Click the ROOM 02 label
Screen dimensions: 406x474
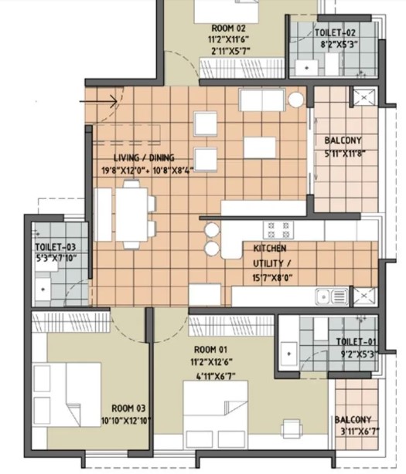point(228,29)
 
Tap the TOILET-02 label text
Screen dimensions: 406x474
point(335,32)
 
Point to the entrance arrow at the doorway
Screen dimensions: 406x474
point(98,101)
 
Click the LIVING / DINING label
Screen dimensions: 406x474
point(144,157)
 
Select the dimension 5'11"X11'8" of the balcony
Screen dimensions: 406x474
point(345,154)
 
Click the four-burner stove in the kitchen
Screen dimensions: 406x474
point(278,230)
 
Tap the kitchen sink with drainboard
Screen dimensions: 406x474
point(332,296)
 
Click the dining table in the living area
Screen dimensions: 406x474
point(131,215)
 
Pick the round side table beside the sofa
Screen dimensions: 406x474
point(295,100)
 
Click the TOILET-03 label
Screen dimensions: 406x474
point(56,247)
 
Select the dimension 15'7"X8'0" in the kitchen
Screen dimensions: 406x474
point(272,277)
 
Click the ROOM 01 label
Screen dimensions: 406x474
point(210,350)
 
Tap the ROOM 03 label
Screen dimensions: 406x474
point(128,408)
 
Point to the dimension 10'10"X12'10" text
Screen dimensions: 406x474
point(126,421)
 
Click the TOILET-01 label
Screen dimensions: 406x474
point(357,341)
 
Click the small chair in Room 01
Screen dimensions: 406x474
point(292,428)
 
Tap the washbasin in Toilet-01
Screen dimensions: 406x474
point(288,354)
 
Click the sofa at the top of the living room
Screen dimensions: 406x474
point(262,100)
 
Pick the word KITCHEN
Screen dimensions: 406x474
point(270,249)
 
